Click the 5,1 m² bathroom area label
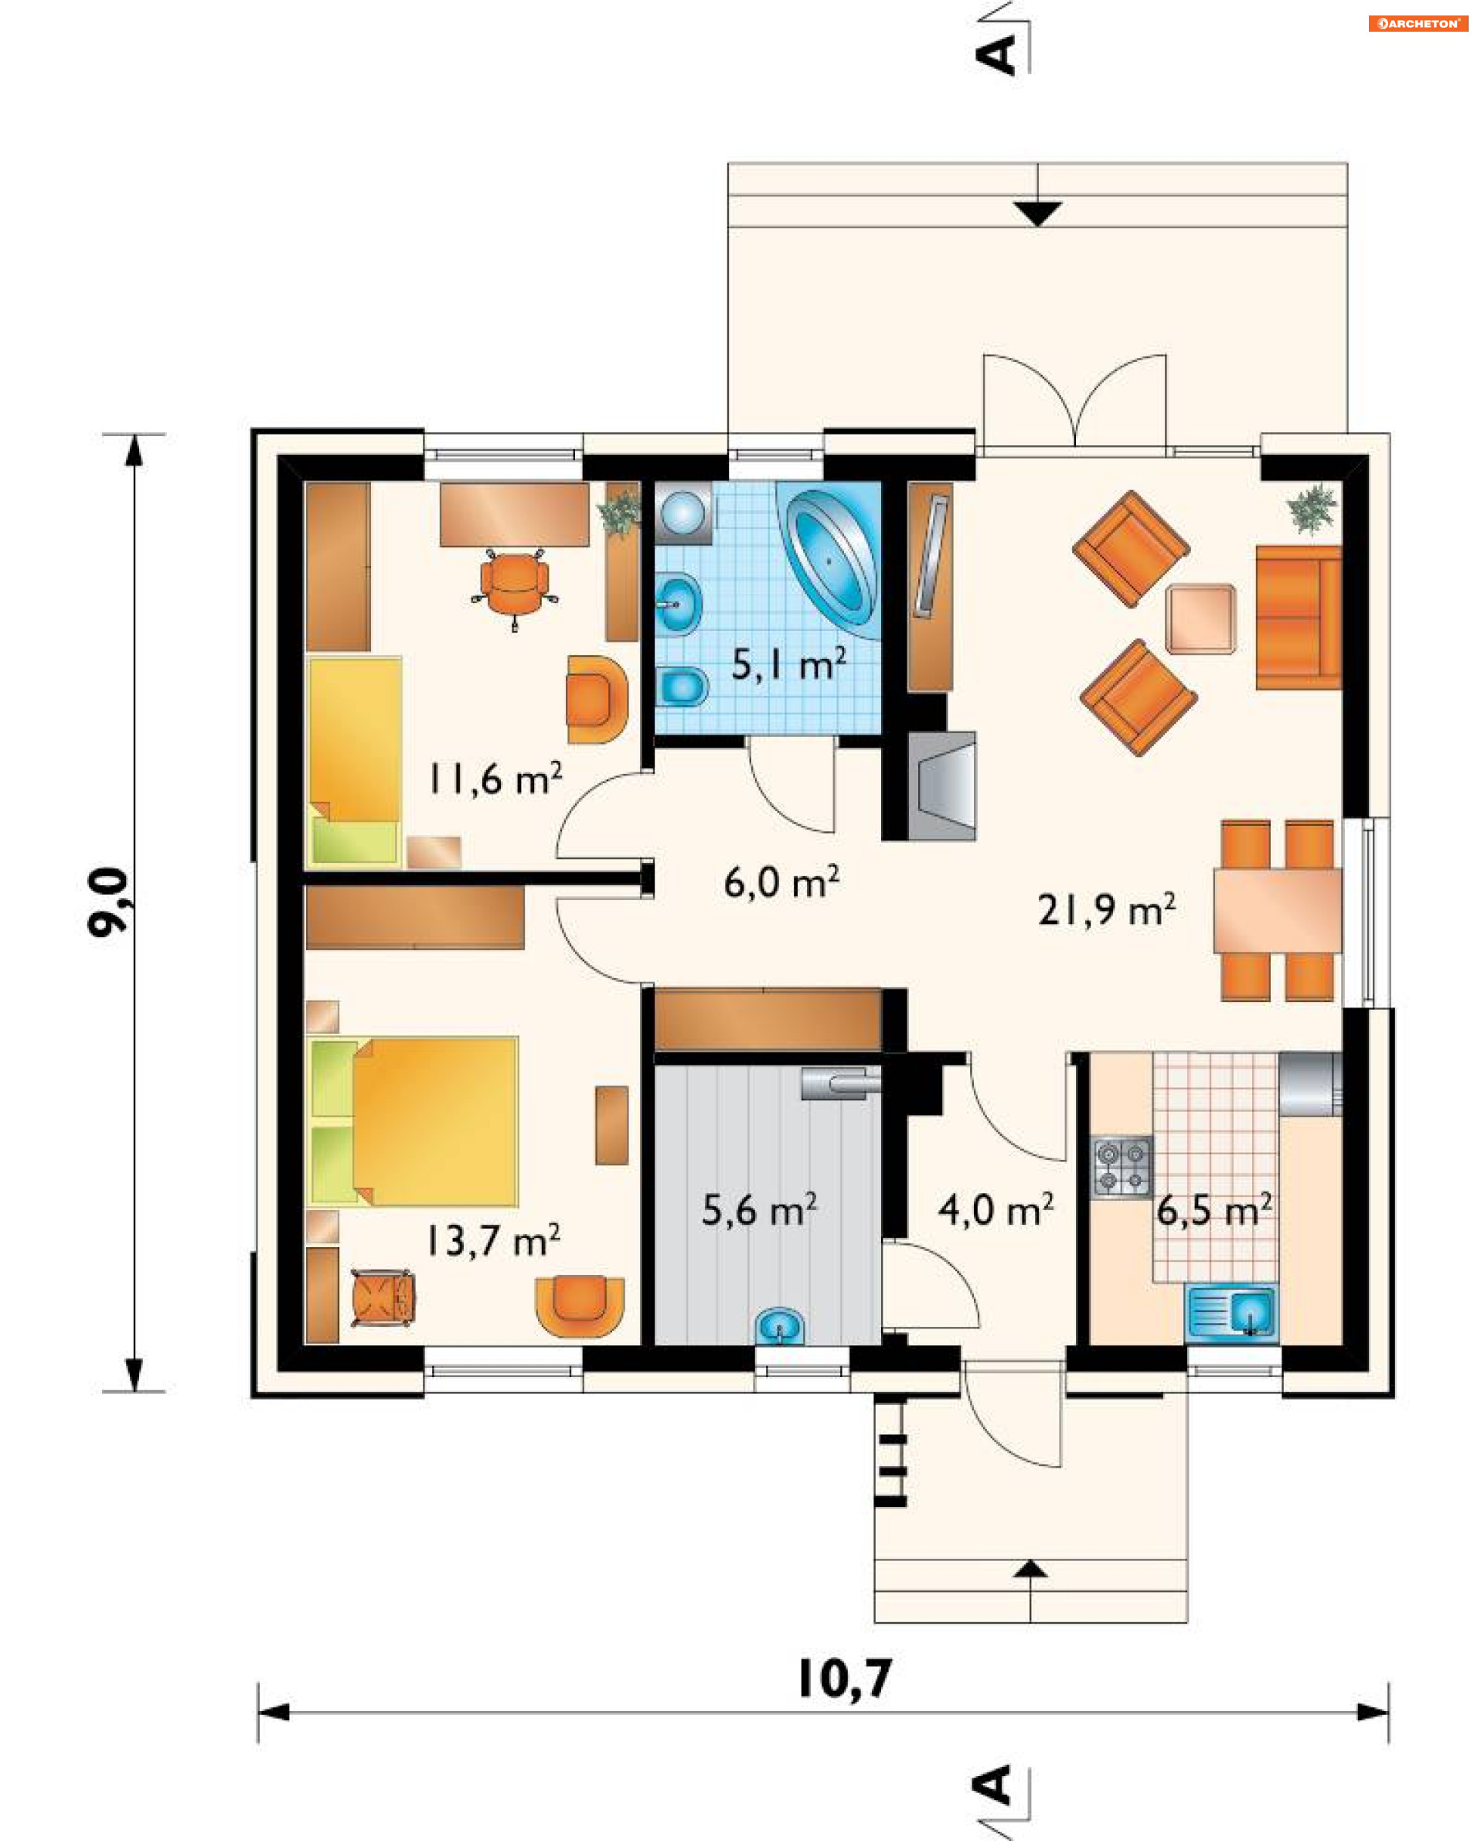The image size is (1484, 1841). (x=788, y=664)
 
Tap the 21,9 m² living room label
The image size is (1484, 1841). (x=1106, y=910)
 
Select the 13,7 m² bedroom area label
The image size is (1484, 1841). (x=493, y=1240)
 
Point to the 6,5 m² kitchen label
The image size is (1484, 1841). (x=1214, y=1210)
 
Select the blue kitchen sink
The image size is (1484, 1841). (x=1231, y=1309)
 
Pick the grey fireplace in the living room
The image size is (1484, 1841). (x=941, y=785)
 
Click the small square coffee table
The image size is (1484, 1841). (x=1200, y=619)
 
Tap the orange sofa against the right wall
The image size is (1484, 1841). (x=1298, y=617)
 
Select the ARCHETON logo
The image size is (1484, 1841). (x=1418, y=23)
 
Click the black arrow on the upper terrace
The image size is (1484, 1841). (x=1037, y=213)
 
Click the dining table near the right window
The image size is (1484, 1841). (x=1277, y=910)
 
